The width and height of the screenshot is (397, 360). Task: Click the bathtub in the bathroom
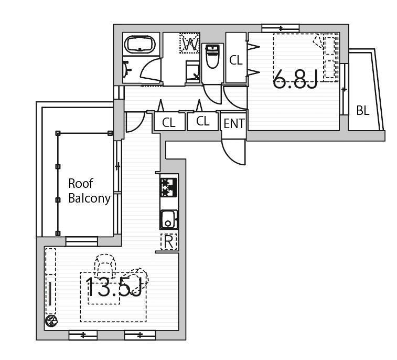coord(141,44)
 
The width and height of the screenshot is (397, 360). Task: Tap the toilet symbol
coord(213,56)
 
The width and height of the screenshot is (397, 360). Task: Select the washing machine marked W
coord(190,43)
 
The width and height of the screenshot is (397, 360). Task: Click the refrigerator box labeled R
coord(169,242)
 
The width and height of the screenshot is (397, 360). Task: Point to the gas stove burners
coord(168,187)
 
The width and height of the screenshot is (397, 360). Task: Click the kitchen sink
coord(168,219)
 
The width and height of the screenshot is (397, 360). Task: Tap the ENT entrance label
coord(234,124)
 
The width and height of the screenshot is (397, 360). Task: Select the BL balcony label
coord(363,110)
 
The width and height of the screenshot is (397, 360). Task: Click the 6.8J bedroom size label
coord(295,79)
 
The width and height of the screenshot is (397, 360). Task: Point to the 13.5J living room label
coord(114,287)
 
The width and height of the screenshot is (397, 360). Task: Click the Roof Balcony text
coord(89,191)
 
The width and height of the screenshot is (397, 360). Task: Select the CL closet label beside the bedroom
coord(235,60)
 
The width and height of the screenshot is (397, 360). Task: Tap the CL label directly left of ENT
coord(202,121)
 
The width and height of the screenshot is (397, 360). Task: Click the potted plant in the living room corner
coord(51,321)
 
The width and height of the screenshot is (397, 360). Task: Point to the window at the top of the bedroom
coord(281,28)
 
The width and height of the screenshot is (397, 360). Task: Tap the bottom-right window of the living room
coord(140,335)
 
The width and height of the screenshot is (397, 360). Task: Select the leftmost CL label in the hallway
coord(169,123)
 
